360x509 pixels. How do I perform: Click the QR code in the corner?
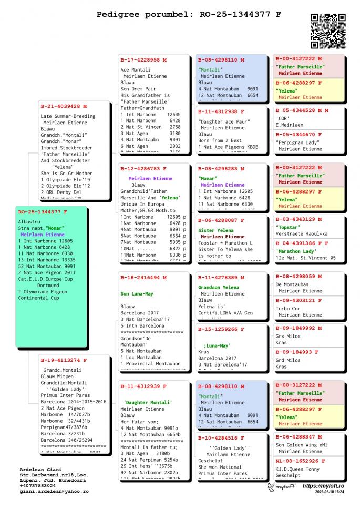point(328,31)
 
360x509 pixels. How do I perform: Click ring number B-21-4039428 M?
point(64,106)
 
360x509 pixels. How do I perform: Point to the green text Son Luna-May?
point(137,294)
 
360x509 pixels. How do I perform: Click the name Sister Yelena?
point(215,230)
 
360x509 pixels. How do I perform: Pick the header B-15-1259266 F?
point(221,329)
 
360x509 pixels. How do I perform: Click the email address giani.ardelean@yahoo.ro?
point(54,491)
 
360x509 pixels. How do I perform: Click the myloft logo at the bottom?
point(282,487)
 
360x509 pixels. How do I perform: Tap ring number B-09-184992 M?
point(299,328)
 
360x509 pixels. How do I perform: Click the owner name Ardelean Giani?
point(40,469)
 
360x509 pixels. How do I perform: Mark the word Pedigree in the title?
point(117,14)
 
